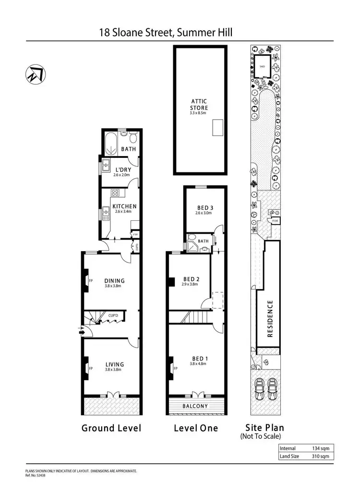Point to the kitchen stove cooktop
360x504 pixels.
(x=116, y=193)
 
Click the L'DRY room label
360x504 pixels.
(x=122, y=170)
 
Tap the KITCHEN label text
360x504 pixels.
(x=124, y=206)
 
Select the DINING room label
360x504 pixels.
(x=114, y=281)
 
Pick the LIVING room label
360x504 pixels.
(x=114, y=364)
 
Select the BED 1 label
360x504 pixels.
(x=196, y=359)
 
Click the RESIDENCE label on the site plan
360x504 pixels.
(x=270, y=319)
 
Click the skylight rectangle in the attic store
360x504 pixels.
(x=217, y=128)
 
